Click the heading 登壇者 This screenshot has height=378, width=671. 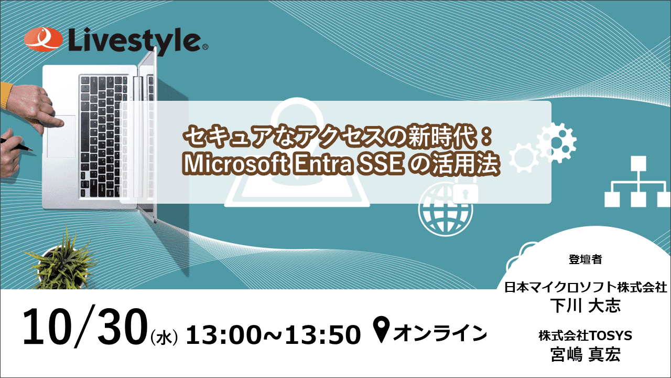(585, 259)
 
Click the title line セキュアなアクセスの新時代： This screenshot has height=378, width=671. (338, 138)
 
